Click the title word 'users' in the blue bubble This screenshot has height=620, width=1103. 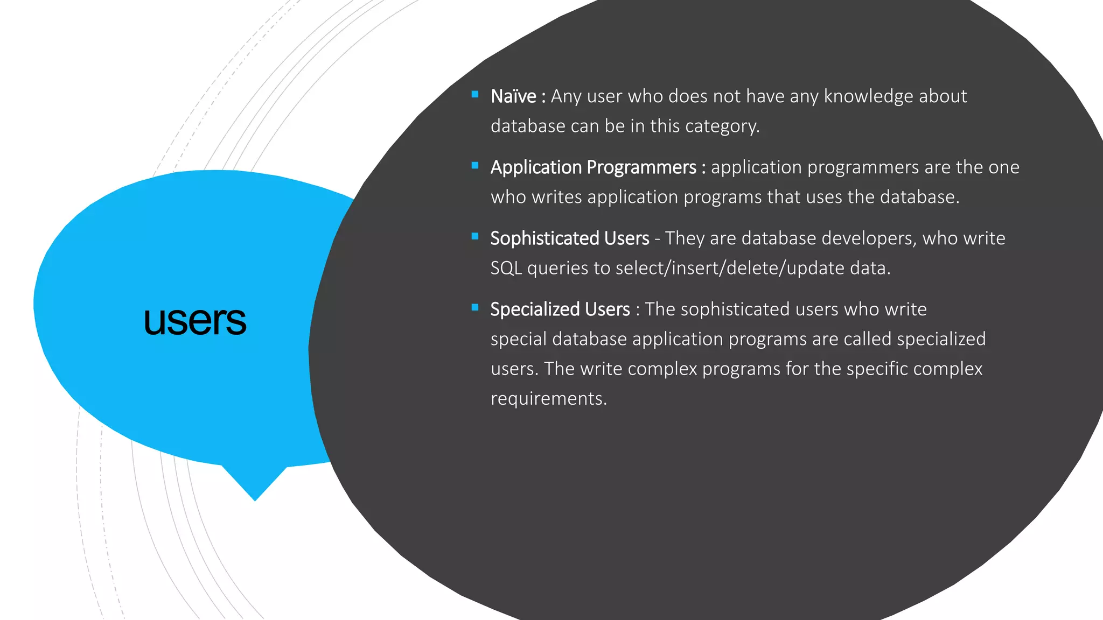tap(195, 321)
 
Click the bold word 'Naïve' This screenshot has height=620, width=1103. tap(513, 96)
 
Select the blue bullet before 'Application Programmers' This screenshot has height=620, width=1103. tap(475, 166)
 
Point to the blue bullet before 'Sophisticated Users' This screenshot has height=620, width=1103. tap(475, 236)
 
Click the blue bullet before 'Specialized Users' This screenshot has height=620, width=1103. tap(475, 308)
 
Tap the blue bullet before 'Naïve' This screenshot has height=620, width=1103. tap(475, 95)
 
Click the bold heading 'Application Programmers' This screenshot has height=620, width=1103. tap(593, 167)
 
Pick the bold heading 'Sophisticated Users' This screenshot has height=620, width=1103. tap(569, 238)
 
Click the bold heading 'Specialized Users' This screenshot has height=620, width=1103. tap(560, 309)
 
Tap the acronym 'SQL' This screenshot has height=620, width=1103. tap(506, 268)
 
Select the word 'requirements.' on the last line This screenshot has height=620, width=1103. tap(548, 399)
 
